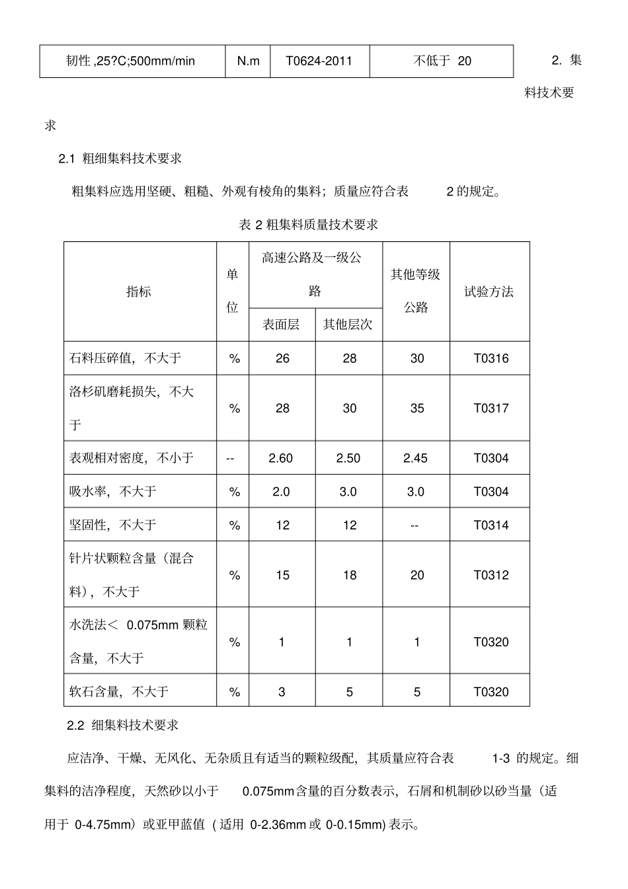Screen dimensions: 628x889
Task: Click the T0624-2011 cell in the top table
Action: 319,61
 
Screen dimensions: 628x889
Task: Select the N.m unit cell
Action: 248,61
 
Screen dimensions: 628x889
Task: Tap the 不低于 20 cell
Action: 442,61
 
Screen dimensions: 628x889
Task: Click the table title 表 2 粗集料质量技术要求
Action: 308,225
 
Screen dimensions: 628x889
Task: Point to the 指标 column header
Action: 139,291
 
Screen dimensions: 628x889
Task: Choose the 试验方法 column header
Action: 489,291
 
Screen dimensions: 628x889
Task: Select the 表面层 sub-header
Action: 281,325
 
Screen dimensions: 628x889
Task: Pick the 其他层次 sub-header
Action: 348,325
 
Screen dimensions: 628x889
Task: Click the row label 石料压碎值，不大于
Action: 126,358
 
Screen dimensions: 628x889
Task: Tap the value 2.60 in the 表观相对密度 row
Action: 281,458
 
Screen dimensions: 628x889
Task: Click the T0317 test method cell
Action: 491,408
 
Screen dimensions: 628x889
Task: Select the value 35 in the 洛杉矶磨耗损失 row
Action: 416,408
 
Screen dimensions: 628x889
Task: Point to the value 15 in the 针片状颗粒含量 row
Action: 282,575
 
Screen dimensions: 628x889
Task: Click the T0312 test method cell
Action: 491,575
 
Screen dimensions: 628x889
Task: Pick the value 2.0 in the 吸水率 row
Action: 281,492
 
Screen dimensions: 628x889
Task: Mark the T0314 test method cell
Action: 491,525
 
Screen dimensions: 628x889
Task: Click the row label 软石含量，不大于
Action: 119,691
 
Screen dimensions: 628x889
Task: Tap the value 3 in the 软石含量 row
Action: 282,692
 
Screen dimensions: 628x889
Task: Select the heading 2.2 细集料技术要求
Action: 123,725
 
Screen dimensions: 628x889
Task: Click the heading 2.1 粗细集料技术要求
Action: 120,159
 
